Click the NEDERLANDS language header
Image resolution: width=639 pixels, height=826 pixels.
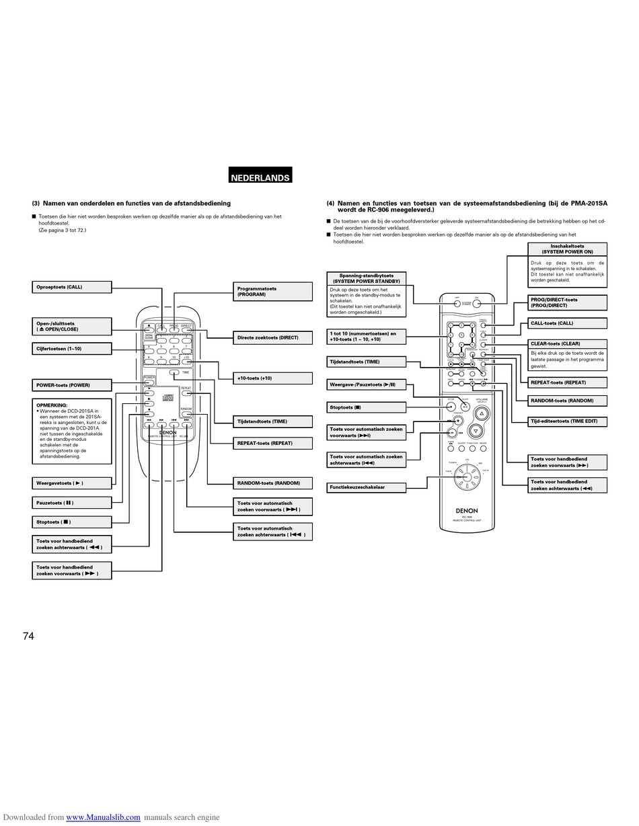coord(260,177)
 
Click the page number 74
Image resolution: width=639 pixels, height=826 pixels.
coord(28,636)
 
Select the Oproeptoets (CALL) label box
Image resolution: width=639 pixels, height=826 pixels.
coord(71,287)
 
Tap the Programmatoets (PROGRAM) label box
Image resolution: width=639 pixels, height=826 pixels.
coord(272,291)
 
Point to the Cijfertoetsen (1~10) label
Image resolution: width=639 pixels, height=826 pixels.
coord(71,348)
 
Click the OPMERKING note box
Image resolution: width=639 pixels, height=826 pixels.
coord(71,431)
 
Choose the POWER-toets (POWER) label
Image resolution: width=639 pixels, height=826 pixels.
coord(71,385)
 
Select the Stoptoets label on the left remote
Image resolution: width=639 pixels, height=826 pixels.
coord(71,522)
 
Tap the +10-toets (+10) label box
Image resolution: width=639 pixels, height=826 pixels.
coord(272,378)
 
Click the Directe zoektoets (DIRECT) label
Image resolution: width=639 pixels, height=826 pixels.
coord(272,337)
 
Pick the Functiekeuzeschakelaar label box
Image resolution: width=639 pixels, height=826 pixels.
coord(367,487)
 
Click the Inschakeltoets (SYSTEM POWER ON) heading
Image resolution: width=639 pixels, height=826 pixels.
coord(567,249)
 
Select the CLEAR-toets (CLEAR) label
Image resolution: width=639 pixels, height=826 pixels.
coord(567,343)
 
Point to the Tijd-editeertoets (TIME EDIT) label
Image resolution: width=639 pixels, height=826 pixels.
coord(567,421)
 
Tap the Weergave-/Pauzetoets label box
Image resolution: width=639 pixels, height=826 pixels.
coord(367,384)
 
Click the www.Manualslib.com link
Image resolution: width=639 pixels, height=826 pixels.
coord(103,817)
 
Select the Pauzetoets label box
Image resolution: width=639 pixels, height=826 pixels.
coord(71,502)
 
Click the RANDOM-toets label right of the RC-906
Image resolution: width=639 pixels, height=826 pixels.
coord(567,401)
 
